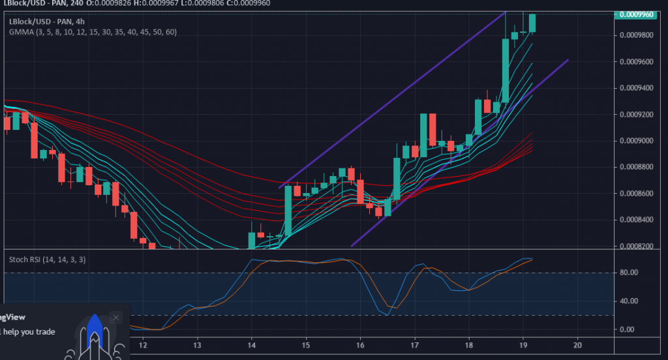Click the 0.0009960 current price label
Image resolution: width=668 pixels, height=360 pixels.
[x=637, y=14]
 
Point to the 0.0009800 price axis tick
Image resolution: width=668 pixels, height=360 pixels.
[x=637, y=35]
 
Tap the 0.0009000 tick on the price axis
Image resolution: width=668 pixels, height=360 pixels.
[x=637, y=141]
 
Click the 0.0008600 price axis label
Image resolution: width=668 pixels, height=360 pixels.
[x=637, y=194]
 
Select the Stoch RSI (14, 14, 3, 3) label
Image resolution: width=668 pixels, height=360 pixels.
[x=47, y=260]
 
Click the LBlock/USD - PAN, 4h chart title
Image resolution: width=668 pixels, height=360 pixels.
[x=43, y=21]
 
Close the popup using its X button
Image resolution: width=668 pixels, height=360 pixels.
[x=116, y=318]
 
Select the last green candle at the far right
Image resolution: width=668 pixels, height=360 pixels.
[x=532, y=23]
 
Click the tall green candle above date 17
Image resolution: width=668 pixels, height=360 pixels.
[x=423, y=135]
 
